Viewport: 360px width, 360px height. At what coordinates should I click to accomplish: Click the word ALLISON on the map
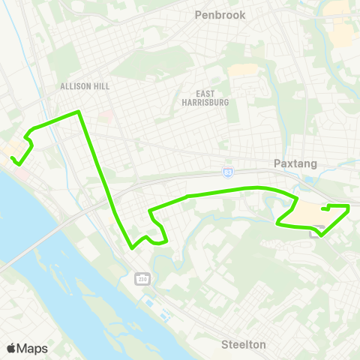coord(75,86)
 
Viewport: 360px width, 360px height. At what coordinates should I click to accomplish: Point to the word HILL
coord(100,86)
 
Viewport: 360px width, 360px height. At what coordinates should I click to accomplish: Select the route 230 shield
coord(142,280)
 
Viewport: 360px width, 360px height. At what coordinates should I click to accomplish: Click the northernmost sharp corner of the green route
coord(79,112)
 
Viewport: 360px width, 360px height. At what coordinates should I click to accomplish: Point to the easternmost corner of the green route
coord(349,205)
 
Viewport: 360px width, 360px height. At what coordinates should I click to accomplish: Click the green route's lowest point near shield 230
coord(132,247)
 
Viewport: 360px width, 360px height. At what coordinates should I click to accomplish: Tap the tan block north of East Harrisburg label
coord(241,70)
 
